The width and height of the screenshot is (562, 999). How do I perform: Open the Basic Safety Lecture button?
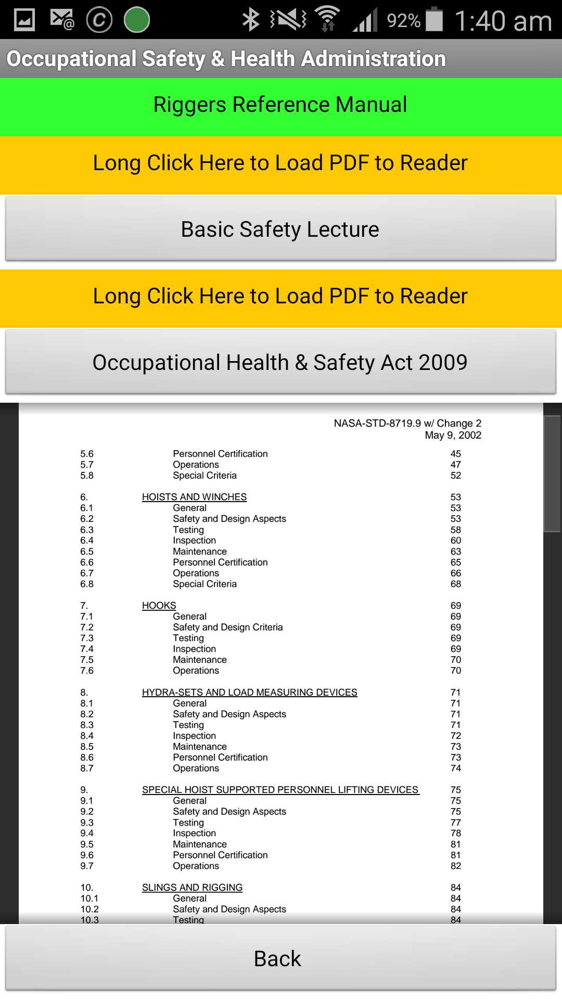[x=280, y=229]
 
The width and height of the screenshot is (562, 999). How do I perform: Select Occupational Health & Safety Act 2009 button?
[x=280, y=362]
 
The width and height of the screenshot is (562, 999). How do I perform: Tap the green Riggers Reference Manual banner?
[x=280, y=105]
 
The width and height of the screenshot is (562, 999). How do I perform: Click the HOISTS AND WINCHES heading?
[x=194, y=497]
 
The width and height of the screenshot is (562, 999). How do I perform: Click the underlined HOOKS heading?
[x=159, y=606]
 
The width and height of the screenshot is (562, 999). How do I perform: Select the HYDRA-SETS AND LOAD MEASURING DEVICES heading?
[x=249, y=693]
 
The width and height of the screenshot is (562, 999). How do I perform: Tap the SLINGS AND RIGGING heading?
[x=192, y=888]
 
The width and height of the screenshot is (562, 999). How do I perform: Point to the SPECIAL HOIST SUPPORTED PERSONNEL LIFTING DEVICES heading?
[x=280, y=790]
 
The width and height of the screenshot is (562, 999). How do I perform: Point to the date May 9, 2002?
[x=453, y=435]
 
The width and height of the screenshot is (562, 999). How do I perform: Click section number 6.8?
[x=87, y=584]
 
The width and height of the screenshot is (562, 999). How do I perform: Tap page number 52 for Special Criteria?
[x=456, y=476]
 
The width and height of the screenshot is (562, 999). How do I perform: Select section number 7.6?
[x=87, y=671]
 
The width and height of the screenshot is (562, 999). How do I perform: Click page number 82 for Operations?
[x=456, y=866]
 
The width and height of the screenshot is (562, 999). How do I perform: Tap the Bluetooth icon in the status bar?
[x=251, y=20]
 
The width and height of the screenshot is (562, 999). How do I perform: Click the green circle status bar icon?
[x=137, y=20]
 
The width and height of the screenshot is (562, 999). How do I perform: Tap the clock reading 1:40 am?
[x=503, y=21]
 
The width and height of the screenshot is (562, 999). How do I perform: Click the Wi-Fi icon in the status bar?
[x=327, y=19]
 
